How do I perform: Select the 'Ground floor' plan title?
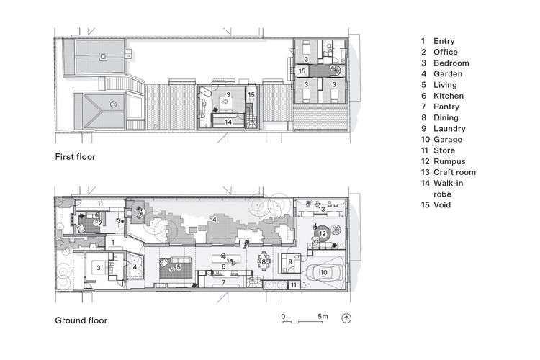pos(81,320)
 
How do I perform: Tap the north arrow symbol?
pos(347,318)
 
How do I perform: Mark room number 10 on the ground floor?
pos(324,274)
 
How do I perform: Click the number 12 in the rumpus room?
pos(323,233)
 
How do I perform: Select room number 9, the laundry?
pos(289,261)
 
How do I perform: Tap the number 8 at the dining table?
pos(264,261)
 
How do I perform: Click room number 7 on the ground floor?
pos(223,282)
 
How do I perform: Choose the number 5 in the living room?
pos(178,267)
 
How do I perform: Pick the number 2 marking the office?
pos(101,222)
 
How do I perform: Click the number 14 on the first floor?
pos(228,122)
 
